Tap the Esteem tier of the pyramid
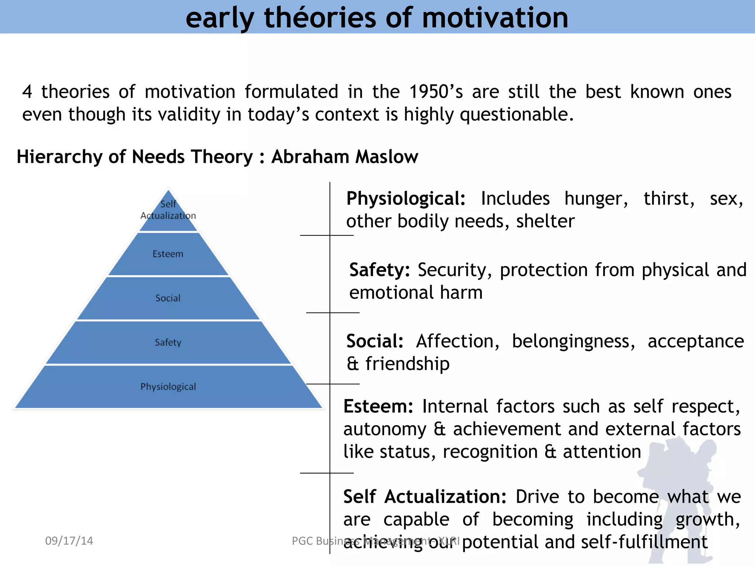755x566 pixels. [168, 254]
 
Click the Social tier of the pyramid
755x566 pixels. [168, 298]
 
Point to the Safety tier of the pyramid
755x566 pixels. [168, 342]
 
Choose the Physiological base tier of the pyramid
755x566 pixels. [168, 387]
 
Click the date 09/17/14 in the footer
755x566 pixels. [69, 541]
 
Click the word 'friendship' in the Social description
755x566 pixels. [407, 364]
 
